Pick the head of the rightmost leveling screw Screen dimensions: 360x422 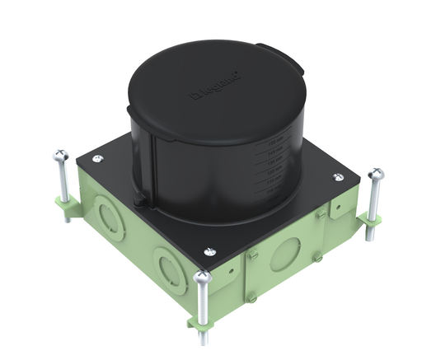pos(377,174)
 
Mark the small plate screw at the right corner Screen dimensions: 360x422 pos(337,177)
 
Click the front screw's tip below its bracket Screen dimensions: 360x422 pos(204,337)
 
